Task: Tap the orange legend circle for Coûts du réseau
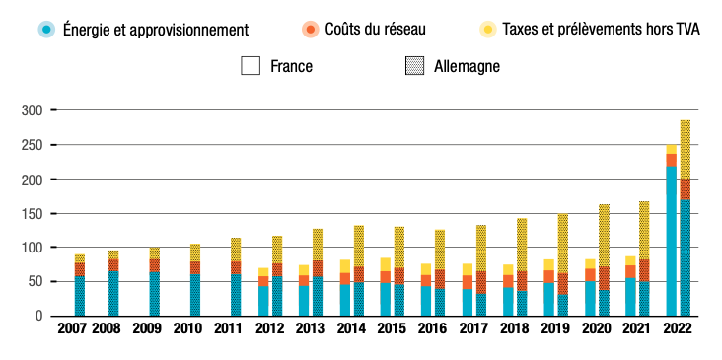pyautogui.click(x=311, y=30)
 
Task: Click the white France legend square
pyautogui.click(x=251, y=66)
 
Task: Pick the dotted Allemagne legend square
pyautogui.click(x=415, y=66)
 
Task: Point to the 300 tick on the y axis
pyautogui.click(x=34, y=110)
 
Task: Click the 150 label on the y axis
pyautogui.click(x=34, y=214)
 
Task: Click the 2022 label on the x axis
pyautogui.click(x=678, y=328)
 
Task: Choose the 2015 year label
pyautogui.click(x=392, y=328)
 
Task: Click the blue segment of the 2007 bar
pyautogui.click(x=79, y=296)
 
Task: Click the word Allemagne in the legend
pyautogui.click(x=468, y=66)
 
